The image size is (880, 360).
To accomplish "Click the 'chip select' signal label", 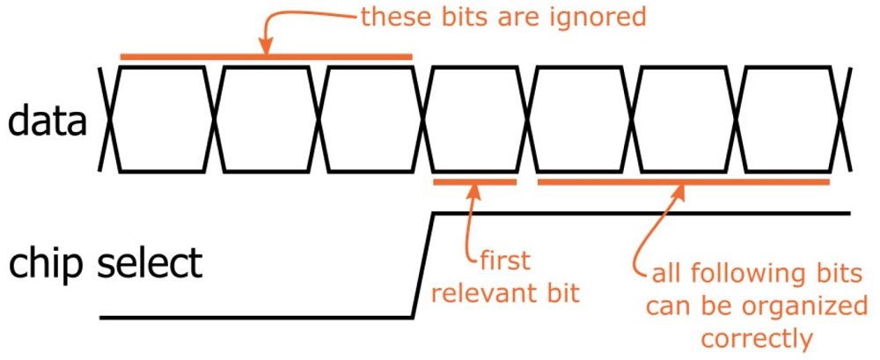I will coord(106,262).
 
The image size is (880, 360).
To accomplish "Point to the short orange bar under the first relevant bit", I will coord(474,182).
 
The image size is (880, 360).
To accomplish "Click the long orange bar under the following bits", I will coord(683,182).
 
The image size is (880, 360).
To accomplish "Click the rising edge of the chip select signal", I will coord(422,264).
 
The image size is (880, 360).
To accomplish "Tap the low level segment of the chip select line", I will coord(255,316).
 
